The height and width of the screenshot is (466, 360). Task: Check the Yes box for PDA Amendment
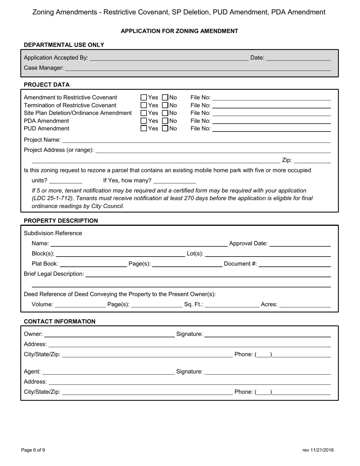(x=144, y=121)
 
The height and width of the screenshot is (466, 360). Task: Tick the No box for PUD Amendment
(x=165, y=128)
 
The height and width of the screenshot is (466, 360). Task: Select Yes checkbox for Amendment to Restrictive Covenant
(x=144, y=97)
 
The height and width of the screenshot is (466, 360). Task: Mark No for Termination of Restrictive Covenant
(x=165, y=105)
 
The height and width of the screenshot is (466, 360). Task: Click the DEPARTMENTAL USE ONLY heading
(x=64, y=45)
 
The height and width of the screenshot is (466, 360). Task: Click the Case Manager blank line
(x=197, y=68)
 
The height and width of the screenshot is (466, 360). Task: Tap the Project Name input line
(x=197, y=140)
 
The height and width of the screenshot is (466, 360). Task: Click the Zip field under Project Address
(x=312, y=160)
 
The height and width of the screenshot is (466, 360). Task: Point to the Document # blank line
(x=294, y=264)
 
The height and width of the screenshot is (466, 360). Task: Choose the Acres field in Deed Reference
(x=305, y=304)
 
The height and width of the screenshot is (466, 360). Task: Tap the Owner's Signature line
(x=268, y=334)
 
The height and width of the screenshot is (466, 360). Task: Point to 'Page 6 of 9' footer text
(x=33, y=450)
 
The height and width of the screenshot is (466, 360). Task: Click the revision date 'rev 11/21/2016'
(x=318, y=450)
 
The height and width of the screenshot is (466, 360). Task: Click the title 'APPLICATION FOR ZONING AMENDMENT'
(x=179, y=31)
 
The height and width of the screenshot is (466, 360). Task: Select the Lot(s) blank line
(x=268, y=253)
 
